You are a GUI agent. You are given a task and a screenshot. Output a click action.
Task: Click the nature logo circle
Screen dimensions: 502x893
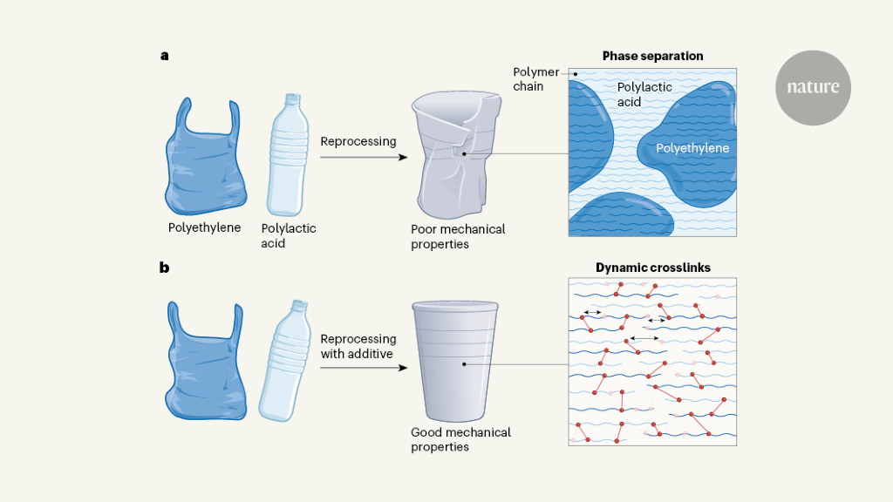point(813,87)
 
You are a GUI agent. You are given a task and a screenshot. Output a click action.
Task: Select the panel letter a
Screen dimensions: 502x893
point(164,56)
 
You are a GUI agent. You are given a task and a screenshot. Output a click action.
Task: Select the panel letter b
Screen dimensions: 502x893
point(164,268)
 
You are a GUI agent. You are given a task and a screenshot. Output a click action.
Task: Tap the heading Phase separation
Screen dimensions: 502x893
point(652,56)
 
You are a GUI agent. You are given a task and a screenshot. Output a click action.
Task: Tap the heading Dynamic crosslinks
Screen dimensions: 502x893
point(652,268)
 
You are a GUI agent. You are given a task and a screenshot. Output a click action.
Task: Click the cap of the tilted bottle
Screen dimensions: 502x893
point(300,307)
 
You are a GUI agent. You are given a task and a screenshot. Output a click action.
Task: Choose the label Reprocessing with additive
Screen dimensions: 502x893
point(358,345)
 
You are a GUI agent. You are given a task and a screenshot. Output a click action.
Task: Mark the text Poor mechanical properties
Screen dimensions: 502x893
point(458,237)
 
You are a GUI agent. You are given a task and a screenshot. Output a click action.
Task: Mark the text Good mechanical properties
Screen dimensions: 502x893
point(460,439)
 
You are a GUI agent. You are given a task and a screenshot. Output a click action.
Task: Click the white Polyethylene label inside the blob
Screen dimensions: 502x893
point(692,149)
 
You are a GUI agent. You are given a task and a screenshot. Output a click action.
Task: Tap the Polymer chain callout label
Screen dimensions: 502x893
point(535,79)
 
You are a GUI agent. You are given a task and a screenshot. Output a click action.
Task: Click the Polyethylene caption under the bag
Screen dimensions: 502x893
point(204,228)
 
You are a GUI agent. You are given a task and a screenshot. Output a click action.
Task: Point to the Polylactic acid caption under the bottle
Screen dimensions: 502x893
point(289,236)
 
